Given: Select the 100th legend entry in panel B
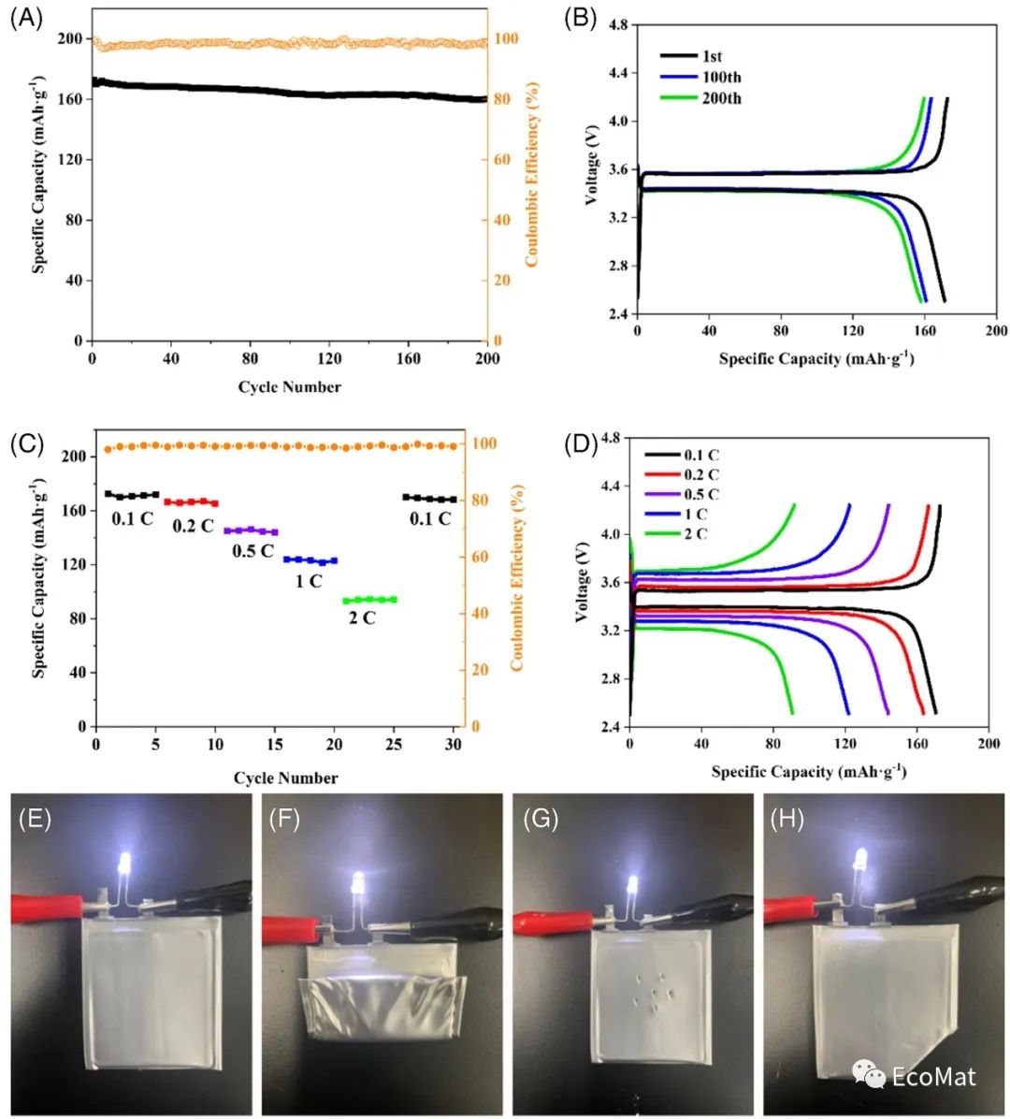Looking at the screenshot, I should coord(721,78).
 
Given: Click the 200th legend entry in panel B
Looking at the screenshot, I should coord(721,98).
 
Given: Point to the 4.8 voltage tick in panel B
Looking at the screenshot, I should coord(618,25).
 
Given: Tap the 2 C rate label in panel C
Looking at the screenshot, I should coord(362,618).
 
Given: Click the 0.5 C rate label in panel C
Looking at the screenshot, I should coord(252,551).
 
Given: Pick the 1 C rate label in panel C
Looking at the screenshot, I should coord(309,581).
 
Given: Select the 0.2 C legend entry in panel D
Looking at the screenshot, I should coord(701,475).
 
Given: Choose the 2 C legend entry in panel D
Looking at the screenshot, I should coord(695,533).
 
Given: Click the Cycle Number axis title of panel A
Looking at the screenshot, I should coord(289,386).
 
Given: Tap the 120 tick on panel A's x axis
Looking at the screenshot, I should coord(329,358).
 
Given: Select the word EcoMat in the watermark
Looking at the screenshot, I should coord(933,1076).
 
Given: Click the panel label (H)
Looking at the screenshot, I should coord(787,820).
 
